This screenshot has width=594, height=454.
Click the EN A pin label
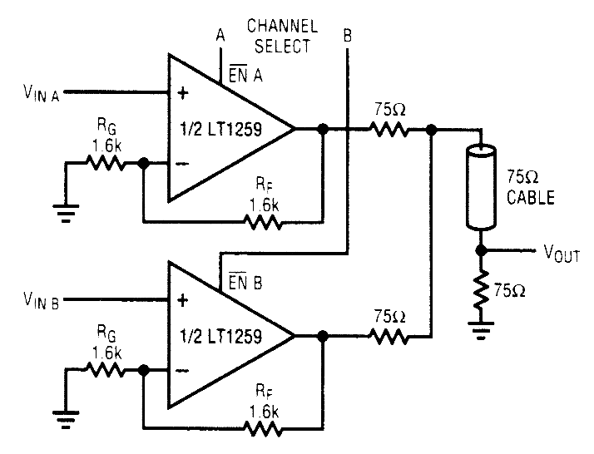click(242, 77)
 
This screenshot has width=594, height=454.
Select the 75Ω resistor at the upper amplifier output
click(389, 130)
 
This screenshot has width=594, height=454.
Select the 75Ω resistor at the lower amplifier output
click(389, 337)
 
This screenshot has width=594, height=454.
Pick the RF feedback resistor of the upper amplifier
click(263, 222)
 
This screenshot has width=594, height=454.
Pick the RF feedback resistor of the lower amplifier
click(263, 430)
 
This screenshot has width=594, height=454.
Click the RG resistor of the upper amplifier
click(106, 163)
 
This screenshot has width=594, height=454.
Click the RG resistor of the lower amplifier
click(106, 370)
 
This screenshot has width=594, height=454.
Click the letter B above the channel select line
click(346, 36)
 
